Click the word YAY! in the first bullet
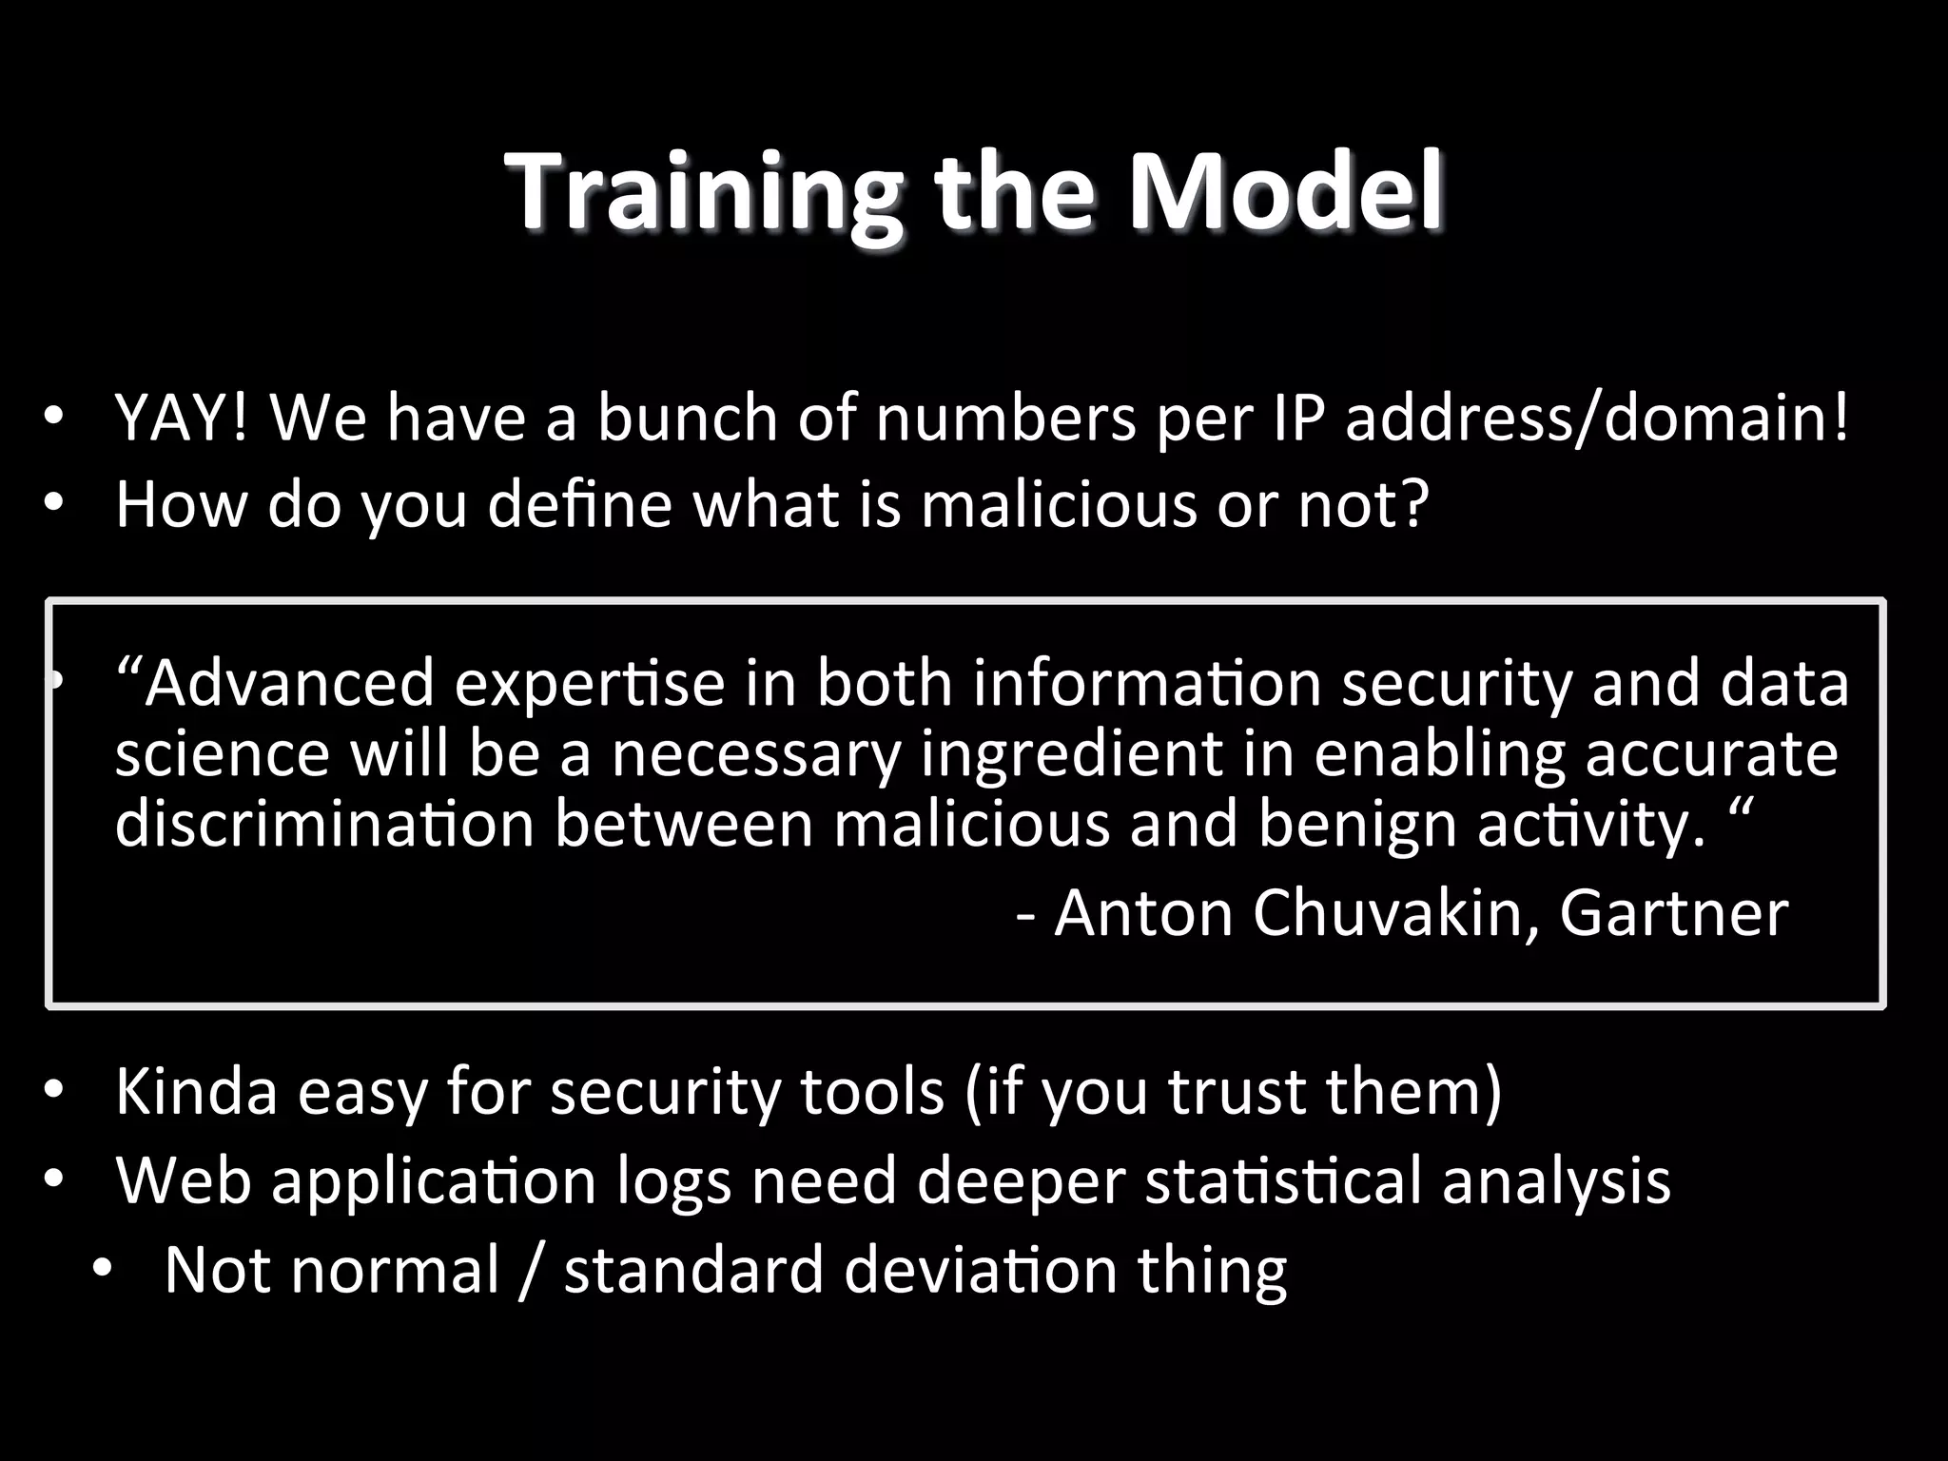point(182,418)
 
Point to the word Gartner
point(1674,913)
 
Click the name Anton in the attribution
point(1142,913)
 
